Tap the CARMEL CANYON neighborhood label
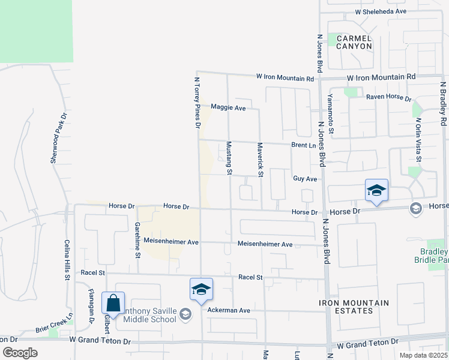(354, 42)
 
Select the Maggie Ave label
(228, 108)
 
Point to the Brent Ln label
(303, 145)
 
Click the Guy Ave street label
(304, 179)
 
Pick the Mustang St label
(229, 158)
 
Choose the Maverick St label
(261, 160)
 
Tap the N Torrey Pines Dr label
(197, 103)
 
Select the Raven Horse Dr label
(388, 97)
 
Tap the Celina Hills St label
(67, 259)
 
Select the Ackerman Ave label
(228, 310)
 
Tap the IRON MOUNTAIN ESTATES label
(354, 307)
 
